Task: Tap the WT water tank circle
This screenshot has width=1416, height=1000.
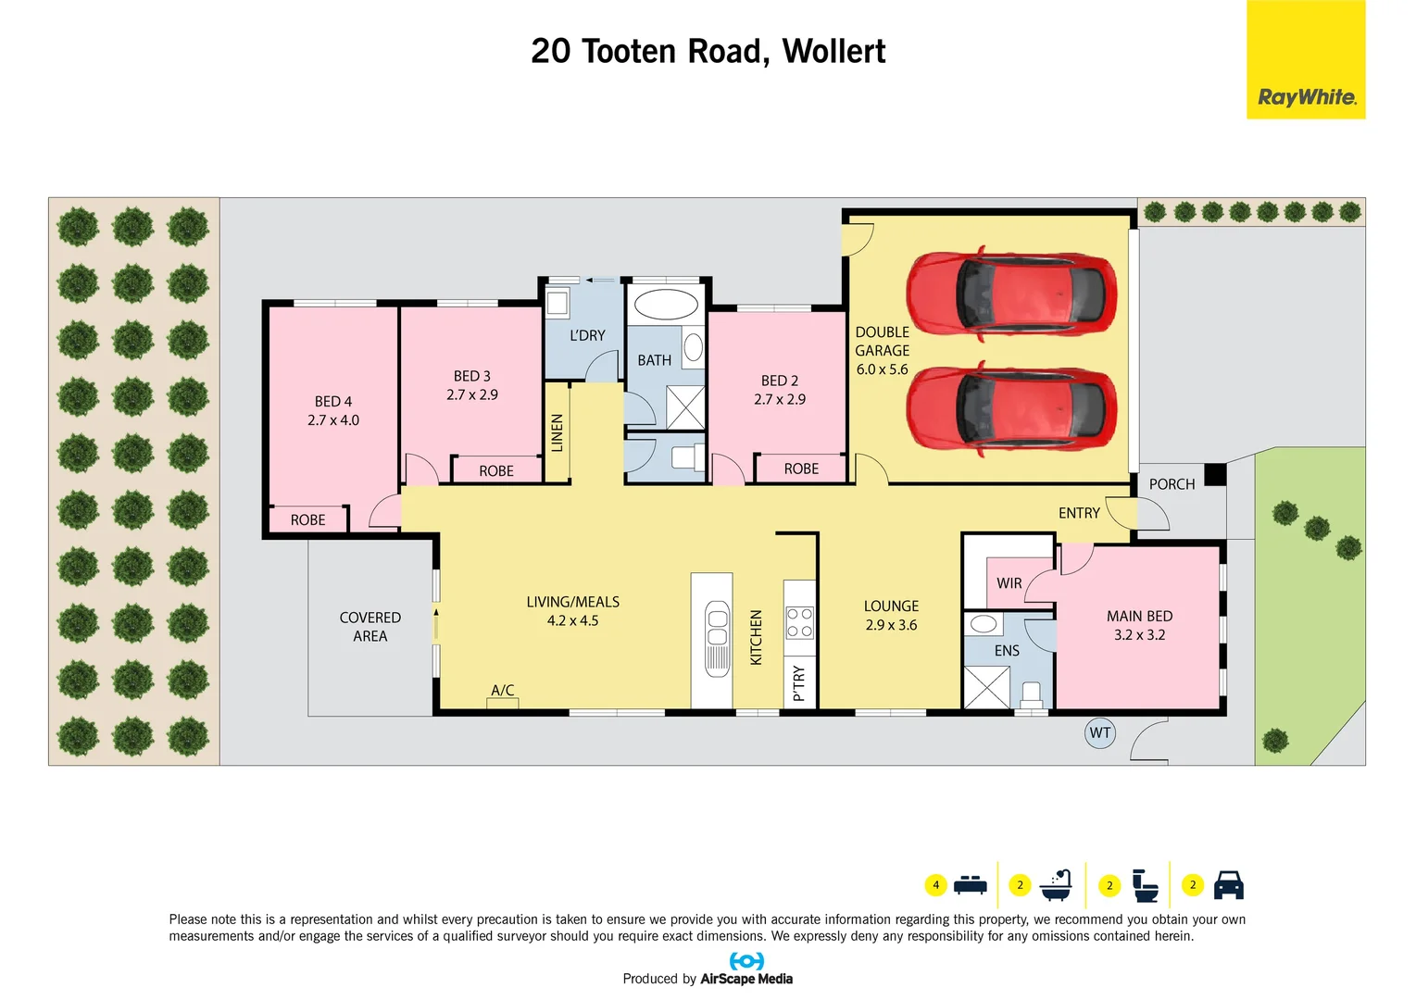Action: click(1099, 733)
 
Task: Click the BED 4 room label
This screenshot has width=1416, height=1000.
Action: click(333, 402)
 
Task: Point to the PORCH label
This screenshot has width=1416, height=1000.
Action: click(1172, 484)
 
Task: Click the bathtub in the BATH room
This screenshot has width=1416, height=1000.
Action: click(666, 305)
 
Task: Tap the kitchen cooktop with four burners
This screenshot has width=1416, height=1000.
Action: click(799, 623)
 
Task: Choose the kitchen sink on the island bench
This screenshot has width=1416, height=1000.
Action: click(718, 639)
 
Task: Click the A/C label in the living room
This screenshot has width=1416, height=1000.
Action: click(503, 691)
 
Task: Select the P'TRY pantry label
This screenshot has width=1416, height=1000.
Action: click(799, 683)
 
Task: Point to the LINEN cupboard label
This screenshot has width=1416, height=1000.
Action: click(557, 433)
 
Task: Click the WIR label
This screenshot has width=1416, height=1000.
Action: click(1009, 583)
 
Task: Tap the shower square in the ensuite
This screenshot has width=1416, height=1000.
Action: click(986, 687)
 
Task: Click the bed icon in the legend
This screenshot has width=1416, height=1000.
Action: click(970, 884)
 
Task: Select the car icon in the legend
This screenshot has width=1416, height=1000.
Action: click(1228, 885)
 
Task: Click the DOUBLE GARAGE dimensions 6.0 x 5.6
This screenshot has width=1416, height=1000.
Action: click(882, 369)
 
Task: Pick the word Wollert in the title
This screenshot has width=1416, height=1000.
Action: click(833, 52)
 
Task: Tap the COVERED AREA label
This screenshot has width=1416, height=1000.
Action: click(370, 627)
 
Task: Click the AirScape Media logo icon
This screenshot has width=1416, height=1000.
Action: click(746, 961)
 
